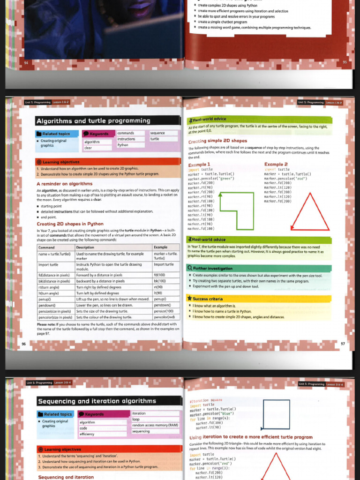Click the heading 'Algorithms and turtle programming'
93,121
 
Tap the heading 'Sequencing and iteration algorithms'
97,401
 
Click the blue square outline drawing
276,414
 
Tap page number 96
23,344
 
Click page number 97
343,344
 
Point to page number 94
26,62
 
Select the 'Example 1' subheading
199,165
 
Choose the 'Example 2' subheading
276,165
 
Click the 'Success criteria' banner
208,299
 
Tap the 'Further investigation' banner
212,269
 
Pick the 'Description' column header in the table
85,247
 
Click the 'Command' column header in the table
46,247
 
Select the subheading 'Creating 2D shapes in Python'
70,224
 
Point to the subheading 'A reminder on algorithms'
65,184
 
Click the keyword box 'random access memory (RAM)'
155,425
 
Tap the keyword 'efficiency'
87,434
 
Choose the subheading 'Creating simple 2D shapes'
217,141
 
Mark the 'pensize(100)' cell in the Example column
164,311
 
